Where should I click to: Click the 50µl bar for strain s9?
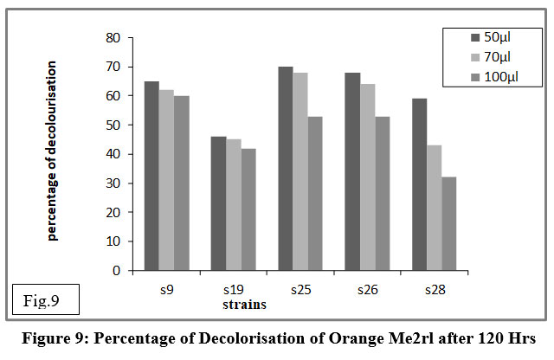pyautogui.click(x=151, y=176)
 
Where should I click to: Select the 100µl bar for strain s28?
pyautogui.click(x=448, y=223)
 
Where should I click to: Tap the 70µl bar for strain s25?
pyautogui.click(x=300, y=171)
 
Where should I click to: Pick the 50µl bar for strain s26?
pyautogui.click(x=352, y=171)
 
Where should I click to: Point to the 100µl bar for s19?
pyautogui.click(x=248, y=209)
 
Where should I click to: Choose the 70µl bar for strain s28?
pyautogui.click(x=434, y=208)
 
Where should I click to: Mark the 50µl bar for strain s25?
pyautogui.click(x=286, y=169)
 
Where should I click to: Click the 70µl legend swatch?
pyautogui.click(x=475, y=57)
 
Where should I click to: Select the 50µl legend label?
pyautogui.click(x=497, y=37)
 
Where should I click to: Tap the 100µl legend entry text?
pyautogui.click(x=501, y=77)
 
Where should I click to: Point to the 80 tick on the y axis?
pyautogui.click(x=113, y=38)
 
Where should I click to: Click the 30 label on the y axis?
pyautogui.click(x=113, y=183)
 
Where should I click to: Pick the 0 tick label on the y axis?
pyautogui.click(x=117, y=271)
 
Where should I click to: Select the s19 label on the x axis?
pyautogui.click(x=234, y=290)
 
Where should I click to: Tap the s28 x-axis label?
pyautogui.click(x=435, y=290)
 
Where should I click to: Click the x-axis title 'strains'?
pyautogui.click(x=244, y=304)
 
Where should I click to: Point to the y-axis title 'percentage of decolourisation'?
pyautogui.click(x=52, y=151)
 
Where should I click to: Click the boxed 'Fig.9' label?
pyautogui.click(x=42, y=300)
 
